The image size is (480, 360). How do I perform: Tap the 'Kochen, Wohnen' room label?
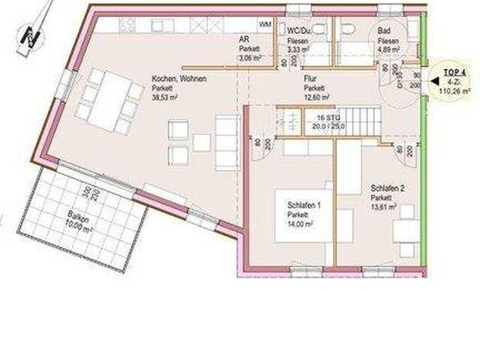coord(178,78)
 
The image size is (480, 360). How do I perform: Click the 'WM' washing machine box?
coord(265,25)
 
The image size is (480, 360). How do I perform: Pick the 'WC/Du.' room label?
coord(298,31)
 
